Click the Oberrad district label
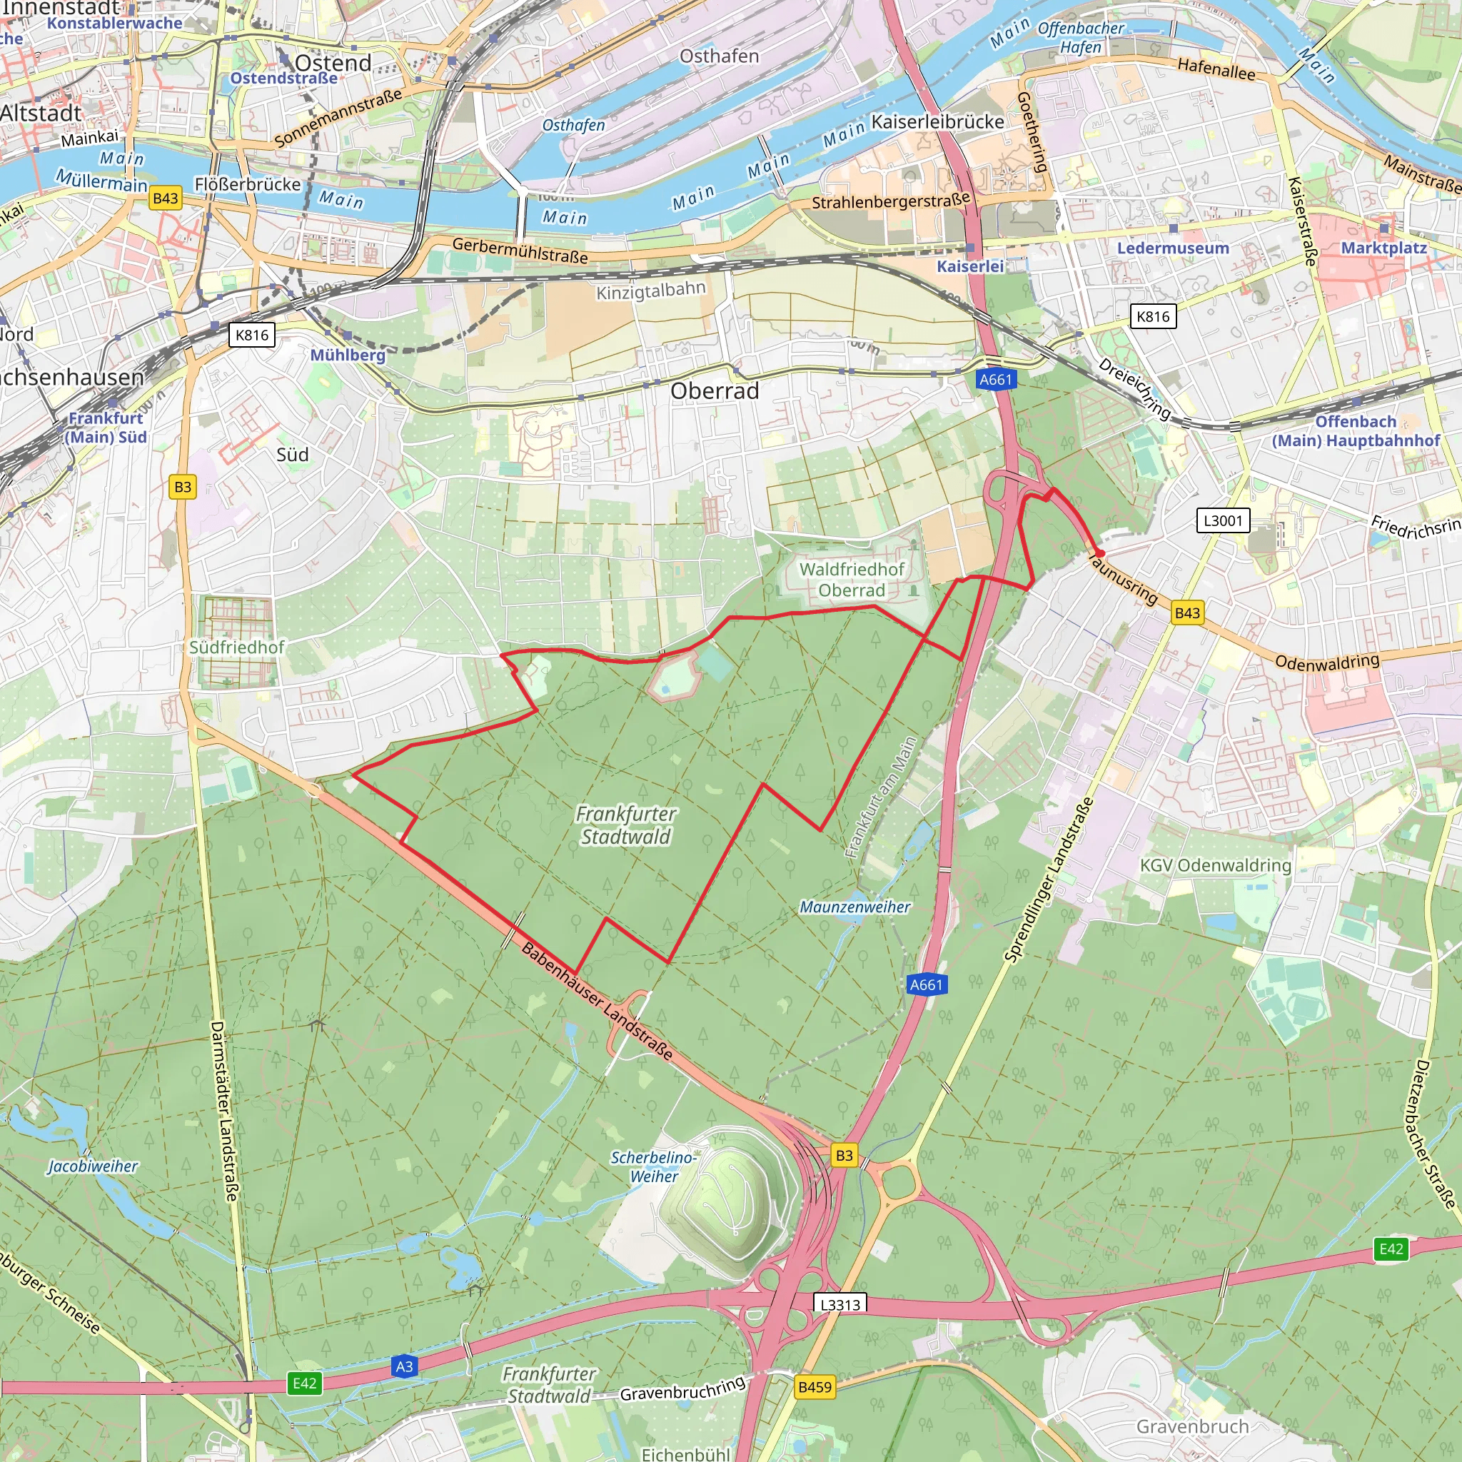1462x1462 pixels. (x=715, y=391)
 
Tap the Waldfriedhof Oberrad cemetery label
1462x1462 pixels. (x=852, y=580)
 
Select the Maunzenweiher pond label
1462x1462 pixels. (x=854, y=907)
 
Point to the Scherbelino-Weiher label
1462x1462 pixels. (x=653, y=1166)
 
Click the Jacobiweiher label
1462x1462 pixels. (x=92, y=1166)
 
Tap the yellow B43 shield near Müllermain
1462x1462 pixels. (x=165, y=199)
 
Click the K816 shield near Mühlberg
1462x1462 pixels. (x=251, y=336)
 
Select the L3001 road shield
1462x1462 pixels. (x=1222, y=520)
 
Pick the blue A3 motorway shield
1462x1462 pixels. (x=404, y=1366)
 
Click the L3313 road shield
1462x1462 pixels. (x=840, y=1304)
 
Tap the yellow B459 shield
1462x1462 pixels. (x=815, y=1387)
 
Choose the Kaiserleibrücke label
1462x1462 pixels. (x=937, y=122)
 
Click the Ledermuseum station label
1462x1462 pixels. (x=1173, y=248)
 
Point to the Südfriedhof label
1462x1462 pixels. (x=236, y=647)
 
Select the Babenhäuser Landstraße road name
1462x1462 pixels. (x=597, y=1002)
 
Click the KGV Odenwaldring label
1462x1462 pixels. (x=1215, y=865)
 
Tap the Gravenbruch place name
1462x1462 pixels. (x=1192, y=1426)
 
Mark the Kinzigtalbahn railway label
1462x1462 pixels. (x=651, y=291)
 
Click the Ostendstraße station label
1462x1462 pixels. (x=284, y=79)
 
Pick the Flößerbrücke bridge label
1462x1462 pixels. (x=248, y=185)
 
